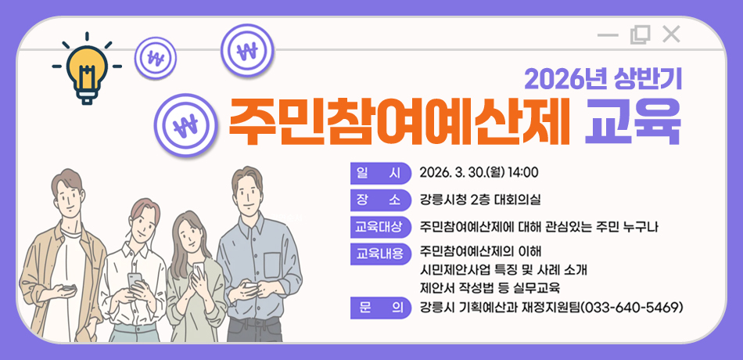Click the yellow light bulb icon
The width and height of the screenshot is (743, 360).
tap(87, 68)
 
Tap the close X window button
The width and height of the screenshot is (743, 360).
tap(671, 34)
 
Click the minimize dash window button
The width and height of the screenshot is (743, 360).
tap(608, 34)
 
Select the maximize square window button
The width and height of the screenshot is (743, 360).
tap(640, 34)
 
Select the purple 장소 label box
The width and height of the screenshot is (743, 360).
tap(380, 200)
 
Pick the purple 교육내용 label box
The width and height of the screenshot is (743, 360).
tap(380, 254)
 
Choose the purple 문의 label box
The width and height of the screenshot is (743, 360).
tap(380, 306)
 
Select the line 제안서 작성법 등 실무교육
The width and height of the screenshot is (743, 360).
tap(490, 287)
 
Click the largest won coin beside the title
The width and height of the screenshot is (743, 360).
tap(186, 124)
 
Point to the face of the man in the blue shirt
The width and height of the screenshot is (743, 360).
tap(248, 193)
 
